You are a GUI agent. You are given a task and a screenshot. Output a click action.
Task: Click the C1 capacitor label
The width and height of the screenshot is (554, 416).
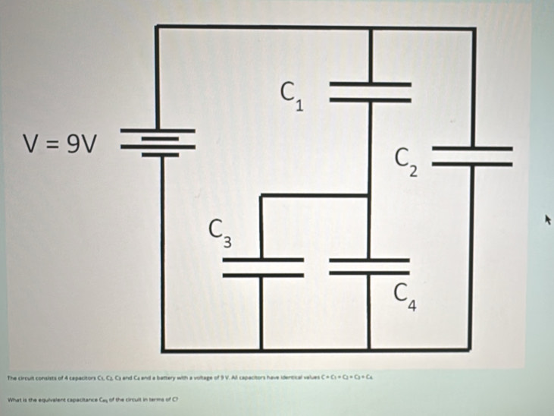point(291,94)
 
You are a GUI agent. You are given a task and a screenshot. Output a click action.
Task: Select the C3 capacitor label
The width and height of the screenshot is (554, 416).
point(221,230)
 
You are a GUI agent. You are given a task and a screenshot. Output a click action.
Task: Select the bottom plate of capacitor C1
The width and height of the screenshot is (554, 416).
point(371,99)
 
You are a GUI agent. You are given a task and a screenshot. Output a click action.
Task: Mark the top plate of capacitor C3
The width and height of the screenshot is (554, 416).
point(261,259)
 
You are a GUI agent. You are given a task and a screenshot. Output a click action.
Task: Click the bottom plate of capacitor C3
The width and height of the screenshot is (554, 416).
point(261,274)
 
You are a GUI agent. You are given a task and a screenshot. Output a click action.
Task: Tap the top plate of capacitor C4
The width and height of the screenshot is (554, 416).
point(370,259)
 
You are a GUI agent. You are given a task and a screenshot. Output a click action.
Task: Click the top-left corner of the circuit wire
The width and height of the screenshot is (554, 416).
point(158,27)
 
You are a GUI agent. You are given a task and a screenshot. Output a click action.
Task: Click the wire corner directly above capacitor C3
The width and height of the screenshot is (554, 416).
point(261,197)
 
